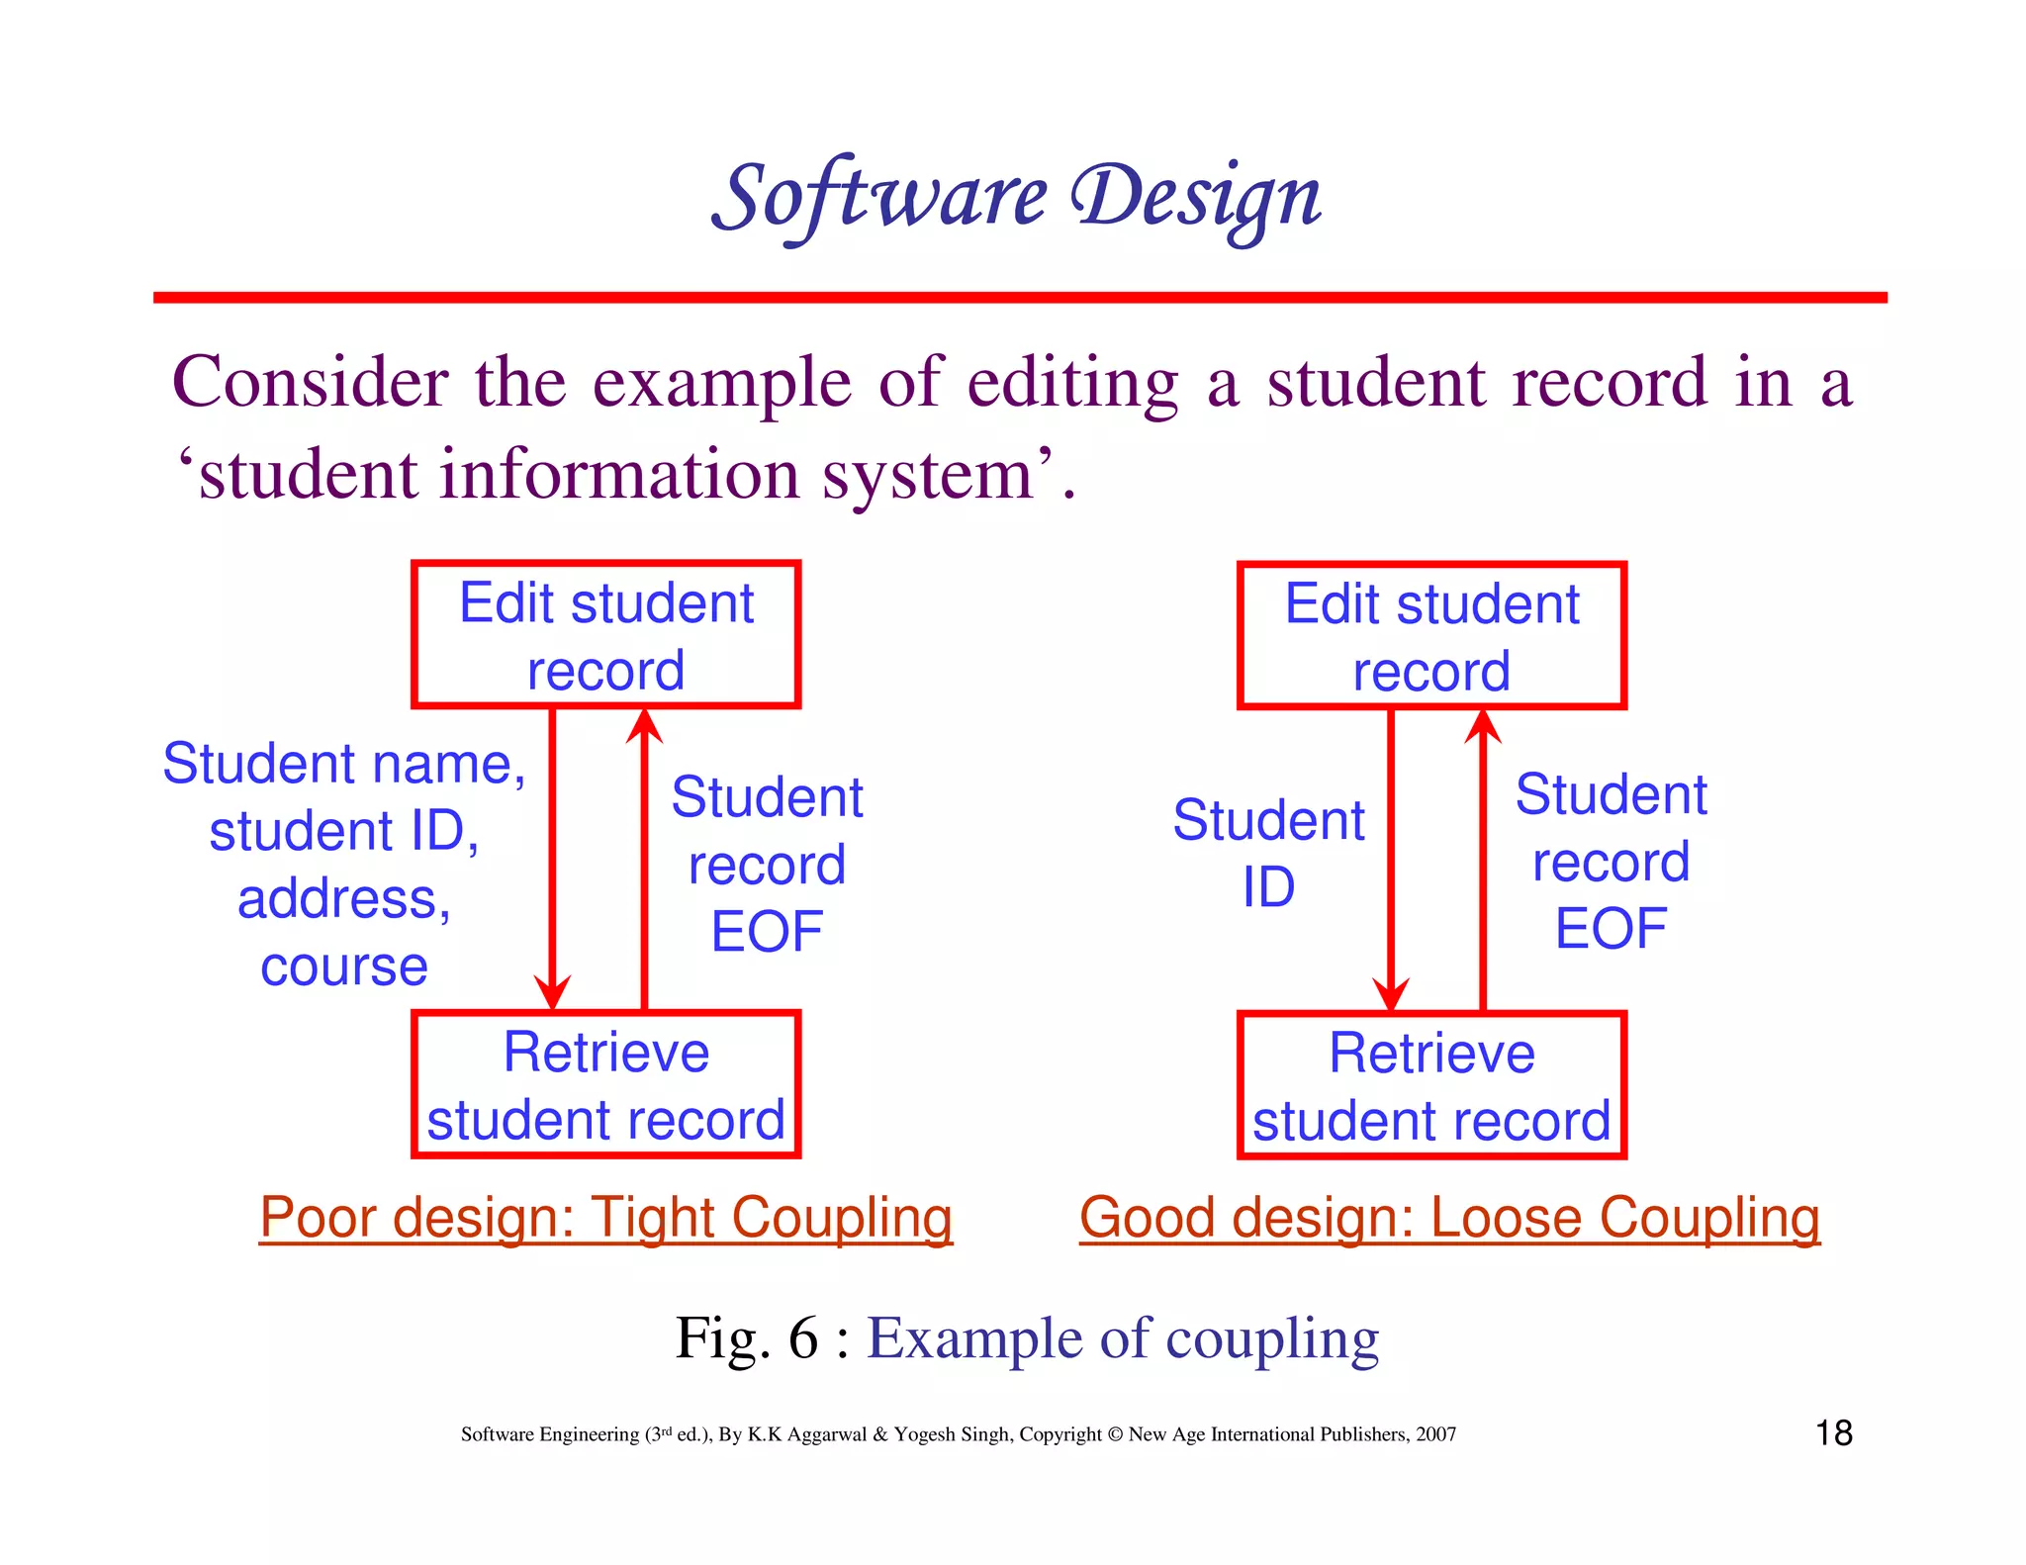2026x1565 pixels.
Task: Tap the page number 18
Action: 1834,1432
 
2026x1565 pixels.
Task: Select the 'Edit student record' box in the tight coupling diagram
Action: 605,635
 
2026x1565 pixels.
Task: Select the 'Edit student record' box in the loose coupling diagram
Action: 1431,636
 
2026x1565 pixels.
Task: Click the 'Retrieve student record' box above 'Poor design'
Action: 605,1084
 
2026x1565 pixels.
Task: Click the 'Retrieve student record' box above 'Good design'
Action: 1431,1085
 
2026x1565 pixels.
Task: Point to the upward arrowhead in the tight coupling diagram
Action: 645,728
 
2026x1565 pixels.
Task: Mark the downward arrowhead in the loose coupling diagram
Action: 1391,992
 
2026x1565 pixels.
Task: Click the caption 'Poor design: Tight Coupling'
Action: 605,1217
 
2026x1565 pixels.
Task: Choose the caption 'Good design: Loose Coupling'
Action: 1449,1217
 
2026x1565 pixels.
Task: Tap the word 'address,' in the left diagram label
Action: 343,899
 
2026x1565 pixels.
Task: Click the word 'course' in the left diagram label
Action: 343,967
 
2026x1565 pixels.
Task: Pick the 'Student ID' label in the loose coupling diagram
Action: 1268,853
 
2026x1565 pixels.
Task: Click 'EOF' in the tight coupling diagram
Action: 767,932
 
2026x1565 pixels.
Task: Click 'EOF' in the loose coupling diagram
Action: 1611,929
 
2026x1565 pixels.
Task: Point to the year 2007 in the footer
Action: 1435,1434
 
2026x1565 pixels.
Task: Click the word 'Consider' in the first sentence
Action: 310,382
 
